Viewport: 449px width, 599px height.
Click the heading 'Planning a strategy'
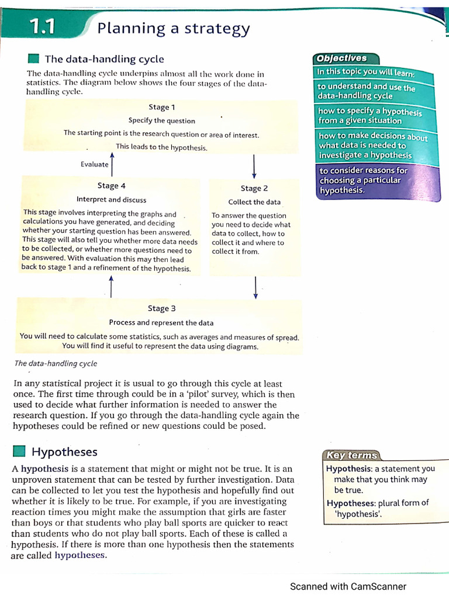coord(174,28)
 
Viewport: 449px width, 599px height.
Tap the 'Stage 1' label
coord(162,107)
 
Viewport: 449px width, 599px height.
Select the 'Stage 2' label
coord(254,188)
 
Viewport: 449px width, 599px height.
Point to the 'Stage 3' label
coord(162,308)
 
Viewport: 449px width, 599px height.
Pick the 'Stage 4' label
coord(112,185)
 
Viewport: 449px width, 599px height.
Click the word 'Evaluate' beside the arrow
coord(95,164)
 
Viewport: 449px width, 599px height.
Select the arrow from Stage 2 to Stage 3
coord(255,287)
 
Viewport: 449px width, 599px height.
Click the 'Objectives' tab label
coord(341,58)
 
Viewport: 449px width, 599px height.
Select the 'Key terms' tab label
coord(352,456)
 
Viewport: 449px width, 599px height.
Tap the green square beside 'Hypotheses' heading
coord(19,451)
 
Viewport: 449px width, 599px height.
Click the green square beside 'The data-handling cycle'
coord(33,58)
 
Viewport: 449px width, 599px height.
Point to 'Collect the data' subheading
coord(254,202)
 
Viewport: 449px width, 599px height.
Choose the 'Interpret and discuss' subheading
coord(112,199)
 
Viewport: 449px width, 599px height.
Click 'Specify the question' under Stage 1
coord(162,121)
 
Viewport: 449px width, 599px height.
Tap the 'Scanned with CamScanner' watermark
coord(348,586)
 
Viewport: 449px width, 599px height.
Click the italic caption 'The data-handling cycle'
coord(56,363)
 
